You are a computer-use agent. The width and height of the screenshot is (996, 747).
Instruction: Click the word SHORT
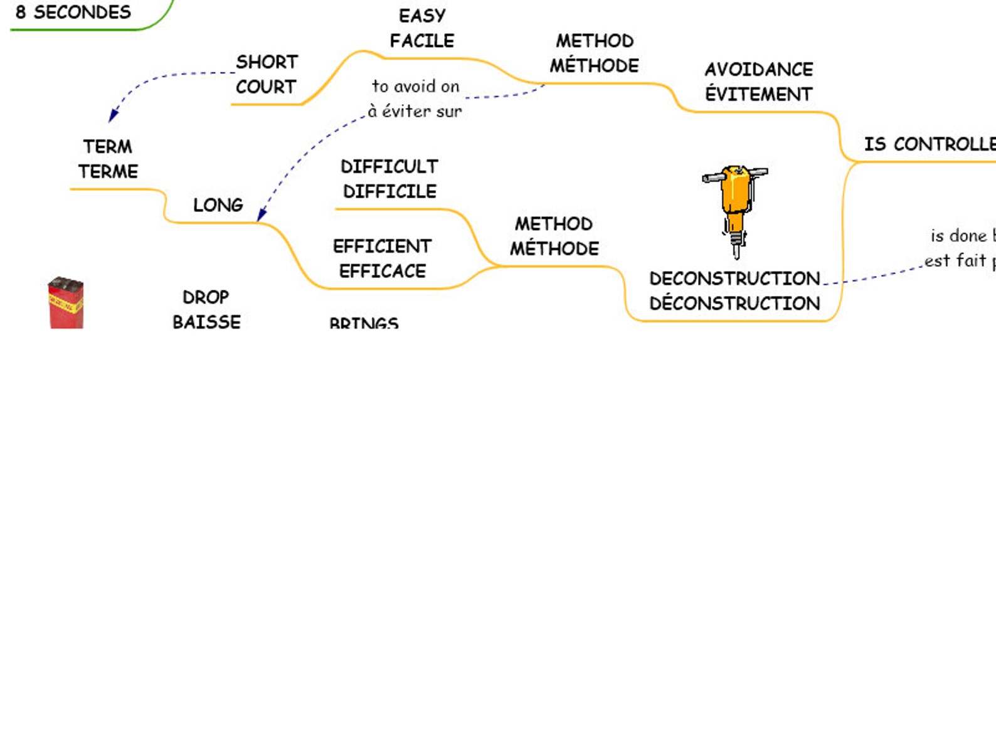pyautogui.click(x=267, y=62)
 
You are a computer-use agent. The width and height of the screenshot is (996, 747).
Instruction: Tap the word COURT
pyautogui.click(x=265, y=87)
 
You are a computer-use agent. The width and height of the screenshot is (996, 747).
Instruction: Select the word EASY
pyautogui.click(x=422, y=16)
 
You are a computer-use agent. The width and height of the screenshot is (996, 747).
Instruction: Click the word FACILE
pyautogui.click(x=422, y=41)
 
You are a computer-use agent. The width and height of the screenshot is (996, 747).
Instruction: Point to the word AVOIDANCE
pyautogui.click(x=758, y=69)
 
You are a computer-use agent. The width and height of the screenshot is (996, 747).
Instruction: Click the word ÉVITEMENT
pyautogui.click(x=758, y=94)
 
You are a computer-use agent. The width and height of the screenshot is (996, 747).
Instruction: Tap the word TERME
pyautogui.click(x=108, y=171)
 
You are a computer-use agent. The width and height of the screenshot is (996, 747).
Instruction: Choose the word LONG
pyautogui.click(x=218, y=205)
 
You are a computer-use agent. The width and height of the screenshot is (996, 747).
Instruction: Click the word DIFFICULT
pyautogui.click(x=389, y=166)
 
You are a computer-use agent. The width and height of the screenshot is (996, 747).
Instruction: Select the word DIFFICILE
pyautogui.click(x=389, y=191)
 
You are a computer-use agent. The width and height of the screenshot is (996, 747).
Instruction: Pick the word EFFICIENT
pyautogui.click(x=382, y=246)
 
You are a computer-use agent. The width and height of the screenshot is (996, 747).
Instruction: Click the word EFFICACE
pyautogui.click(x=383, y=271)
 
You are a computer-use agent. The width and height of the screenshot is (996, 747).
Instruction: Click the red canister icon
pyautogui.click(x=66, y=303)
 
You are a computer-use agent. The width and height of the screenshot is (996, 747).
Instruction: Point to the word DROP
pyautogui.click(x=206, y=297)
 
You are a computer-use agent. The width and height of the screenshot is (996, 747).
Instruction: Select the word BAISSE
pyautogui.click(x=206, y=321)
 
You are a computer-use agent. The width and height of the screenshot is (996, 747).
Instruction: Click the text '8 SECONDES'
pyautogui.click(x=73, y=12)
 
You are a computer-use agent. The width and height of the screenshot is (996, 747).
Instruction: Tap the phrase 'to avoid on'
pyautogui.click(x=415, y=86)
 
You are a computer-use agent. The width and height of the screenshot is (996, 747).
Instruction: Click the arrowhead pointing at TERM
pyautogui.click(x=113, y=115)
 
